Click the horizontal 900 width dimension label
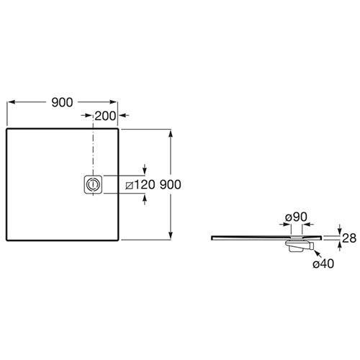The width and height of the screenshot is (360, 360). pyautogui.click(x=62, y=102)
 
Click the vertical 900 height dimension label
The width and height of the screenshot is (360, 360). pyautogui.click(x=171, y=184)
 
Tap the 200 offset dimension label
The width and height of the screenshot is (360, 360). pyautogui.click(x=105, y=116)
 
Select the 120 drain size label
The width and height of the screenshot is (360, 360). pyautogui.click(x=144, y=185)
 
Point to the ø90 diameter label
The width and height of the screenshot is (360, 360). pyautogui.click(x=296, y=217)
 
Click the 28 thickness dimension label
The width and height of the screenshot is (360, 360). pyautogui.click(x=349, y=238)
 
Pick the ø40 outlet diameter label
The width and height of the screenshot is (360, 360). pyautogui.click(x=323, y=264)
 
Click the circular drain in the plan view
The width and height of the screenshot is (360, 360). pyautogui.click(x=93, y=184)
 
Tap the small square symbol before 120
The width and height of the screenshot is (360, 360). pyautogui.click(x=130, y=186)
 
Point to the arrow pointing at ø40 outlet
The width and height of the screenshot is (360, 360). pyautogui.click(x=318, y=254)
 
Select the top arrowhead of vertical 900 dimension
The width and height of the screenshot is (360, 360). pyautogui.click(x=171, y=133)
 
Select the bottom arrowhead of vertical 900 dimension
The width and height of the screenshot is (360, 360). pyautogui.click(x=171, y=235)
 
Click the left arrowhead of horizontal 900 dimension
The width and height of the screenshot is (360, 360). pyautogui.click(x=12, y=102)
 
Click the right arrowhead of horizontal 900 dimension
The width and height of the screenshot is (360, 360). pyautogui.click(x=113, y=102)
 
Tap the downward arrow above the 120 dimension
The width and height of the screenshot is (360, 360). pyautogui.click(x=145, y=169)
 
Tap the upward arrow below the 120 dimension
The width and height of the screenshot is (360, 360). pyautogui.click(x=145, y=199)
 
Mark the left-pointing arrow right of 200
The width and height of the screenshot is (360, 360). pyautogui.click(x=124, y=115)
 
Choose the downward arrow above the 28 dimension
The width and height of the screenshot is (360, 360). pyautogui.click(x=339, y=229)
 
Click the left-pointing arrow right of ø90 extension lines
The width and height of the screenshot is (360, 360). pyautogui.click(x=308, y=225)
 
